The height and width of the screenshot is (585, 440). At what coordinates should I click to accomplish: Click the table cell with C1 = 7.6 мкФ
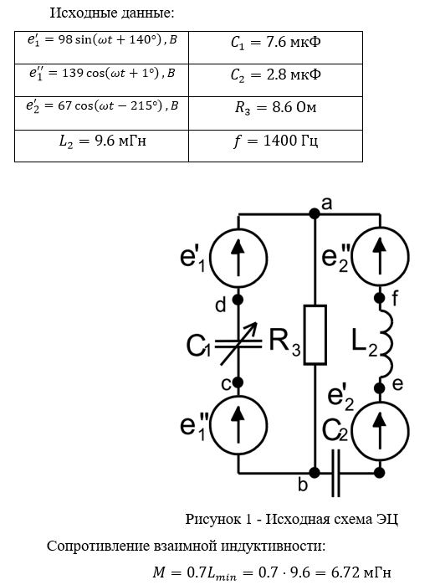(275, 48)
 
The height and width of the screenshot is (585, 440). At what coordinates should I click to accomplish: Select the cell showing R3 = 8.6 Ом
(275, 113)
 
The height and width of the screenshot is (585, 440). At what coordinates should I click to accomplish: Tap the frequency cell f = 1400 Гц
(275, 146)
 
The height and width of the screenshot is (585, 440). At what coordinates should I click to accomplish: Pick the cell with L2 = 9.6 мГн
(102, 146)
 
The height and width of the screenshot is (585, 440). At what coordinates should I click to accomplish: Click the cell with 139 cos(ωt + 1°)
(102, 80)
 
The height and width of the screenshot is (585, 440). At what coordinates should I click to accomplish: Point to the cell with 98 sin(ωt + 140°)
(102, 48)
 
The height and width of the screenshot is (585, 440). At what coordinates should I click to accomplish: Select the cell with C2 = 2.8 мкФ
(275, 80)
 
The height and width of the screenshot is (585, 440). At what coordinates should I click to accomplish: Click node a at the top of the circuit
(315, 213)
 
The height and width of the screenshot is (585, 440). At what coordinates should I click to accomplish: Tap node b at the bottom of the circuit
(315, 473)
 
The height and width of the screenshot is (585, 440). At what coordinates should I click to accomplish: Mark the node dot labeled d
(238, 300)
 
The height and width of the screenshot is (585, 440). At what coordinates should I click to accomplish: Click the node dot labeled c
(238, 382)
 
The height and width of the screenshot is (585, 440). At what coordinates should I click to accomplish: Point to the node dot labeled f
(380, 298)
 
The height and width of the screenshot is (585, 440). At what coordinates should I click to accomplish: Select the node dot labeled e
(380, 388)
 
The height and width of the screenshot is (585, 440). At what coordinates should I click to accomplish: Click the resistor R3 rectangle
(315, 335)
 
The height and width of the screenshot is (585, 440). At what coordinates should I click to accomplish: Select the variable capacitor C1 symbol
(238, 344)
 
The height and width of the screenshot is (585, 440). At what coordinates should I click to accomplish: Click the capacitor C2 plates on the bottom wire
(336, 473)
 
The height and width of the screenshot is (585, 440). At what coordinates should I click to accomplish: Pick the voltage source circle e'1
(238, 258)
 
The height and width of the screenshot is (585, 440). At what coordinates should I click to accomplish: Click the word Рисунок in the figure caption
(213, 519)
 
